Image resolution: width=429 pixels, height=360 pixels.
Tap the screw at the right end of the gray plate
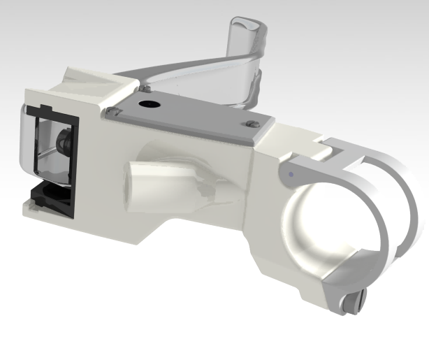pyautogui.click(x=252, y=124)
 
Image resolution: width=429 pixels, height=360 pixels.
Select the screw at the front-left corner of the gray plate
pyautogui.click(x=111, y=111)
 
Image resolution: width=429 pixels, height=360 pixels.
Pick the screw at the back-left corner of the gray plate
pyautogui.click(x=145, y=88)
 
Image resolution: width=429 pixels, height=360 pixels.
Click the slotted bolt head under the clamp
pyautogui.click(x=355, y=302)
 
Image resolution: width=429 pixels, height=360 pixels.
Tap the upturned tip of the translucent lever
pyautogui.click(x=247, y=31)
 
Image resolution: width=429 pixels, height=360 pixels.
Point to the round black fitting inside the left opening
pyautogui.click(x=64, y=143)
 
